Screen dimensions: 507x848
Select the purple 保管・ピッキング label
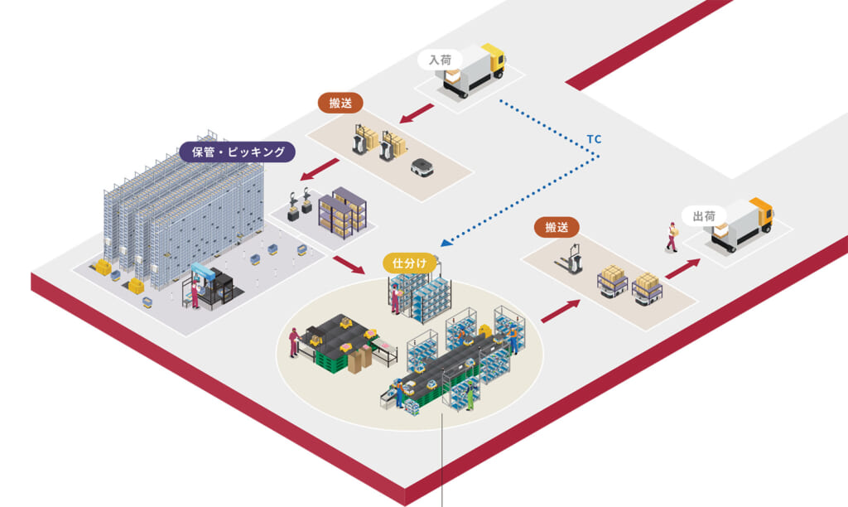coord(238,152)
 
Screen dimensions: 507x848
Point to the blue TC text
coord(594,139)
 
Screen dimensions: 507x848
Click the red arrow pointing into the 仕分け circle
coord(348,266)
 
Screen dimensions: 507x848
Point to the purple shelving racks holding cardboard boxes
coord(344,212)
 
